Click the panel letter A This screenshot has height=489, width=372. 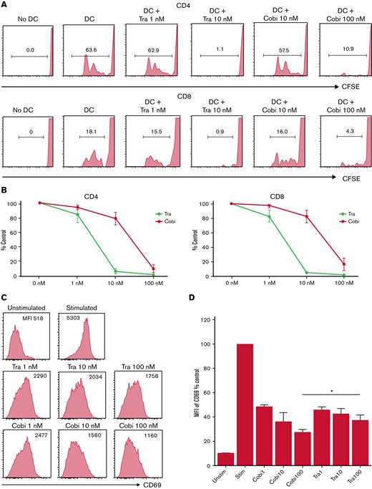pyautogui.click(x=5, y=6)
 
